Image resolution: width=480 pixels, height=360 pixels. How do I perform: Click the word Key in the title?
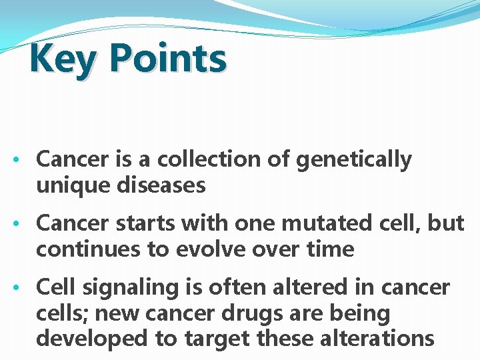point(64,59)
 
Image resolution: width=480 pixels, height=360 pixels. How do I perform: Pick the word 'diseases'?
point(163,185)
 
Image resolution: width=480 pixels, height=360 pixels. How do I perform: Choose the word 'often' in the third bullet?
point(233,287)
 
